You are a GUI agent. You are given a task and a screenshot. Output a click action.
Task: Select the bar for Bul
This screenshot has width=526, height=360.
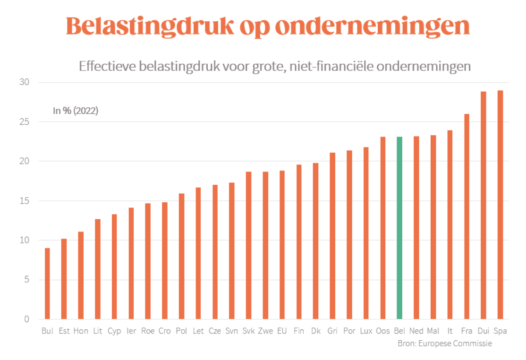pyautogui.click(x=47, y=283)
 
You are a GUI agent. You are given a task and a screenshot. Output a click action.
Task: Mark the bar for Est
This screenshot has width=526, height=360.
pyautogui.click(x=64, y=279)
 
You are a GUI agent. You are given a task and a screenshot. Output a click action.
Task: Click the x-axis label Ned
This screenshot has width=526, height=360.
pyautogui.click(x=416, y=331)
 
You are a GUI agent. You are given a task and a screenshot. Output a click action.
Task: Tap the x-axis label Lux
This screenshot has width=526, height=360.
pyautogui.click(x=366, y=331)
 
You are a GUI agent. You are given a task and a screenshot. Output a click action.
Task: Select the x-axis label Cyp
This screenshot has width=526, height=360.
pyautogui.click(x=114, y=331)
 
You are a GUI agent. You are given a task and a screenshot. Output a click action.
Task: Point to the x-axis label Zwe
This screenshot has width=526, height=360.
pyautogui.click(x=265, y=331)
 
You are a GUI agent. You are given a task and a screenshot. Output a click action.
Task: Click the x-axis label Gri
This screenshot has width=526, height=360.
pyautogui.click(x=332, y=331)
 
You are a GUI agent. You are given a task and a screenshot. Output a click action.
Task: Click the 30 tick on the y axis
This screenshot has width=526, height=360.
pyautogui.click(x=24, y=82)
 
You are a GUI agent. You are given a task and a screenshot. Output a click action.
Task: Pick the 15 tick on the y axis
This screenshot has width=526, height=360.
pyautogui.click(x=24, y=201)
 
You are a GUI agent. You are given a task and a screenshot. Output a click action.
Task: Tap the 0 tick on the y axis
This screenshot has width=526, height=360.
pyautogui.click(x=26, y=319)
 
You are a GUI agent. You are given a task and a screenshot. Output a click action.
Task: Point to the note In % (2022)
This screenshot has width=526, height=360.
pyautogui.click(x=75, y=111)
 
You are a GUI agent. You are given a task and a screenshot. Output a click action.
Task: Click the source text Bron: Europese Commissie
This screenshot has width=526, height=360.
pyautogui.click(x=444, y=343)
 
